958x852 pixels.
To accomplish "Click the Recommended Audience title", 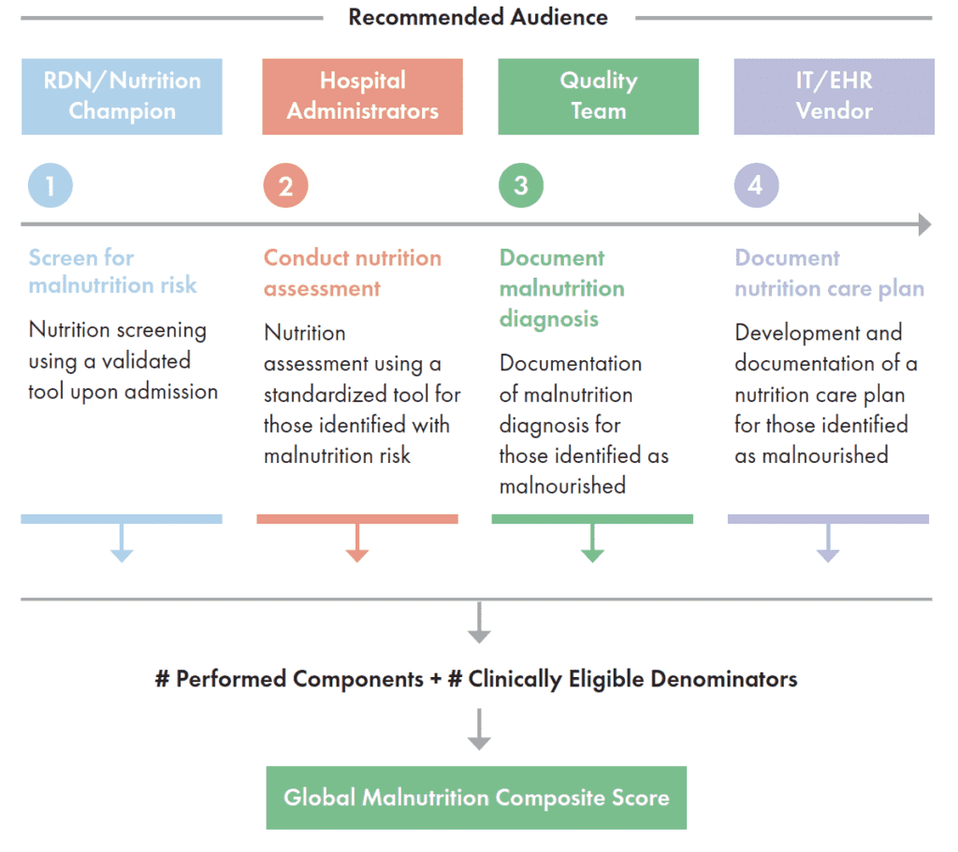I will click(x=478, y=18).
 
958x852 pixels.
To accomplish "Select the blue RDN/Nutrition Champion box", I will click(x=122, y=96).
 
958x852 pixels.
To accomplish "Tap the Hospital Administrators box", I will click(x=362, y=96).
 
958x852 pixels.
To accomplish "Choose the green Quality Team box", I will click(x=598, y=96).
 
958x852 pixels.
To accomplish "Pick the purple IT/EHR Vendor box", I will click(x=834, y=96).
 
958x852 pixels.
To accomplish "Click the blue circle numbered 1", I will click(x=51, y=185).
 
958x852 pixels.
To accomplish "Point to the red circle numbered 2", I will click(x=285, y=185).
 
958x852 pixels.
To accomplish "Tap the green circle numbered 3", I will click(x=521, y=185).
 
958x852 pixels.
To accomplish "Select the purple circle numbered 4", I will click(x=756, y=185).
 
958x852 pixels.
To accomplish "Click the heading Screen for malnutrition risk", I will click(x=112, y=271).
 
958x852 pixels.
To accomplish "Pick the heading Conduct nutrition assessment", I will click(x=352, y=272).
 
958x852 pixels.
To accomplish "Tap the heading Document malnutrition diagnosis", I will click(x=561, y=288).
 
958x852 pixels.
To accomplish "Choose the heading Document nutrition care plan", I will click(x=829, y=273).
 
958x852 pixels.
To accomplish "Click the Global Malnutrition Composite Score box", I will click(x=476, y=798).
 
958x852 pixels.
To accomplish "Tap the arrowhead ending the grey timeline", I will click(x=924, y=224).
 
